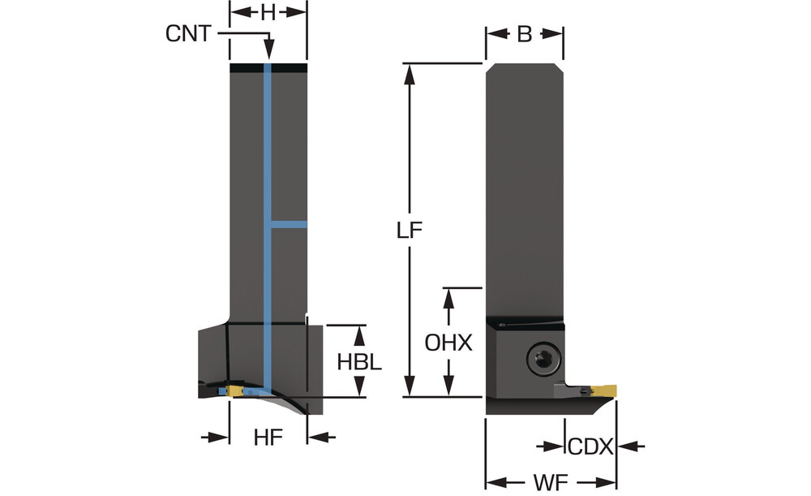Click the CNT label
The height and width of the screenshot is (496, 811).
click(x=187, y=33)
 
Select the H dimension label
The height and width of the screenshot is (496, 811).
click(x=268, y=11)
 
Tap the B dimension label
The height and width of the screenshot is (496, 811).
click(x=524, y=34)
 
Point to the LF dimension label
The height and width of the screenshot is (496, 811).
click(x=410, y=231)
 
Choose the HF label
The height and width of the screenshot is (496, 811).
click(x=268, y=438)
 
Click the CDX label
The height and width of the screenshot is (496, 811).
click(x=590, y=446)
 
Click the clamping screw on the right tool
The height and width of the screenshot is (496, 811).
click(x=541, y=358)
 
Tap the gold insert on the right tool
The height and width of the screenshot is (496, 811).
click(x=604, y=392)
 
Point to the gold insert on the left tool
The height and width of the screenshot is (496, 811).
click(x=237, y=392)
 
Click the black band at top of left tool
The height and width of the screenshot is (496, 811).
click(x=268, y=67)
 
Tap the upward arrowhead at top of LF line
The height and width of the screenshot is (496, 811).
click(x=410, y=72)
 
